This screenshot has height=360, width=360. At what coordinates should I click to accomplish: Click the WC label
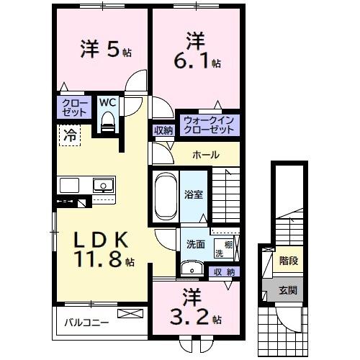pos(108,103)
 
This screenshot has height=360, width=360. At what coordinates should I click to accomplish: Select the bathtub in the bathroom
pos(166,196)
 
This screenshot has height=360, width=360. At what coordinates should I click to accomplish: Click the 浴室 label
pos(194,194)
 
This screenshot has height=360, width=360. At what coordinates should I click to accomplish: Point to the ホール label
pos(206,155)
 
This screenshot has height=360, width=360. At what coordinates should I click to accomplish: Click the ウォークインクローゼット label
pos(209,125)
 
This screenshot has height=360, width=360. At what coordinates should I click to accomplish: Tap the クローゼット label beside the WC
pos(74,108)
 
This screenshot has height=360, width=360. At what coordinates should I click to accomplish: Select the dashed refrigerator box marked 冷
pos(70,135)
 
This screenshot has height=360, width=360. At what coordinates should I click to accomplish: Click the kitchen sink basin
pos(103,185)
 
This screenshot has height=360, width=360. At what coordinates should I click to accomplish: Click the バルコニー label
pos(86,323)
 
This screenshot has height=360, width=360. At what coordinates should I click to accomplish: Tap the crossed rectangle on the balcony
pos(130,313)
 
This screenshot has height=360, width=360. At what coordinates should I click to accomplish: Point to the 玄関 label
pos(288,291)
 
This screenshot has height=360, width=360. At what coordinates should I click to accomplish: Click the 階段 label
pos(289,261)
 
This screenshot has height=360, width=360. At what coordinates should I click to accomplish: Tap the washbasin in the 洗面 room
pos(192,269)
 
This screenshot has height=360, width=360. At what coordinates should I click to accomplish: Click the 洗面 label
pos(196,244)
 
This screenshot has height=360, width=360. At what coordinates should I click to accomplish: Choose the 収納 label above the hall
pos(163,130)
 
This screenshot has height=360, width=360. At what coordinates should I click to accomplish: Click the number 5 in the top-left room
pos(113,49)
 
